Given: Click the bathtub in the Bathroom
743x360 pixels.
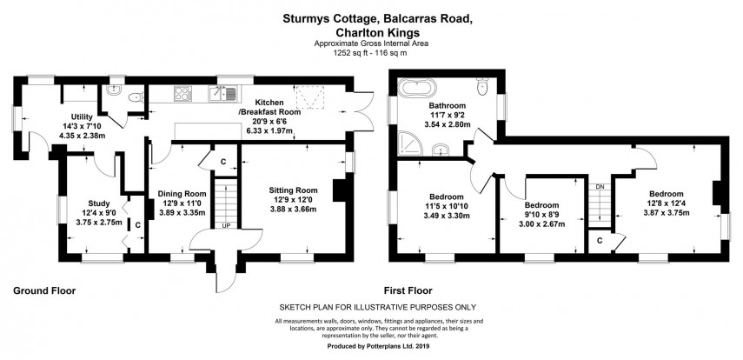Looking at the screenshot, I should (421, 89).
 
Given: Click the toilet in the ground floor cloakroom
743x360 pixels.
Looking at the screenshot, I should (132, 101).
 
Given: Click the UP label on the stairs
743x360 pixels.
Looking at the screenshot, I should (226, 224).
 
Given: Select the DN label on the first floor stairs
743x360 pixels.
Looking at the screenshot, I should (599, 186).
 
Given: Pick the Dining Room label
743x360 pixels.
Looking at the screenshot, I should (182, 193).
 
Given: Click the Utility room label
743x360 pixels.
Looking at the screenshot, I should (81, 116).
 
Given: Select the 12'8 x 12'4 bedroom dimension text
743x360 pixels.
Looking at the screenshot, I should (666, 203).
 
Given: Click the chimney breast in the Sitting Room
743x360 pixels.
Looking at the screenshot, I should (340, 190).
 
